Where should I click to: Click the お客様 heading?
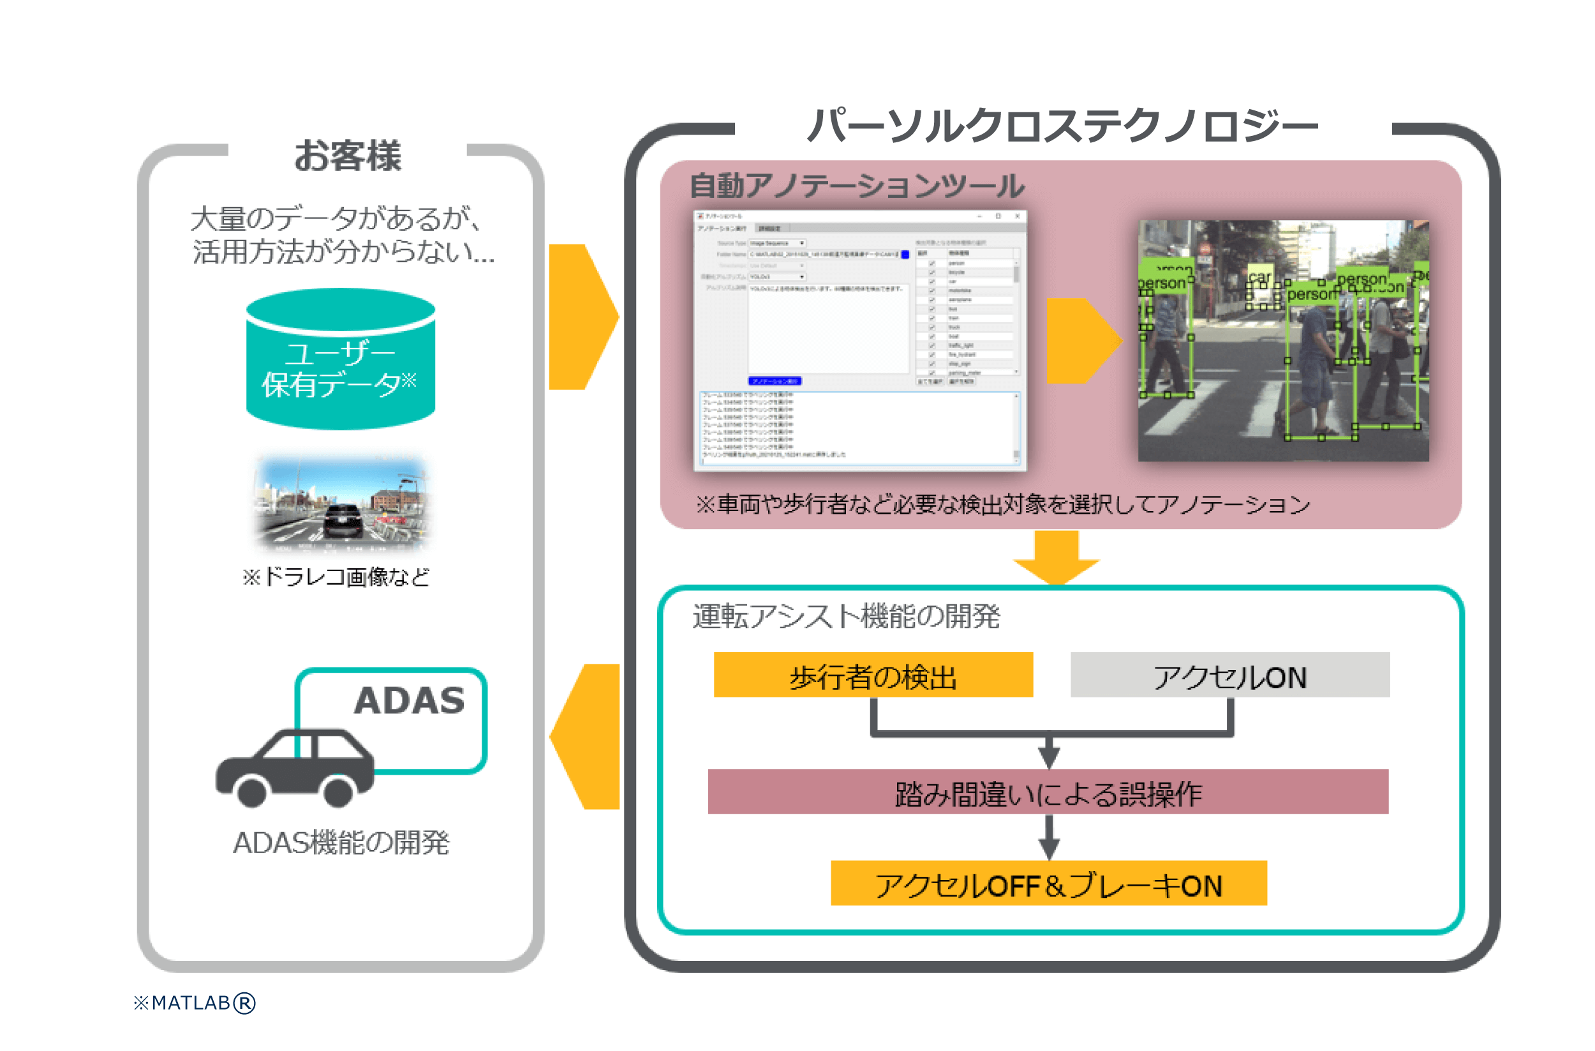[348, 156]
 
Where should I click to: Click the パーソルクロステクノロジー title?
[1062, 126]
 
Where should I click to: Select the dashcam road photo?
[341, 502]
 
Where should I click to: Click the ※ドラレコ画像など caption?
[336, 577]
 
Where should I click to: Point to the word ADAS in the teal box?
[409, 701]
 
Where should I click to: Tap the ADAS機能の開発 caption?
[341, 842]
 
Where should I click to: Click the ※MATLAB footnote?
[195, 1003]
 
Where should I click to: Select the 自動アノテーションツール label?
[856, 186]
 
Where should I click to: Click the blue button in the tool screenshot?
[774, 381]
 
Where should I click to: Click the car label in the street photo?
[1259, 276]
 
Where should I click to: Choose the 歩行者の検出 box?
[873, 675]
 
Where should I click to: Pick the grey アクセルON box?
[1230, 675]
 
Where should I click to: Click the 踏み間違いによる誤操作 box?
[1048, 792]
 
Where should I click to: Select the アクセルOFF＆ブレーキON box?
[1048, 883]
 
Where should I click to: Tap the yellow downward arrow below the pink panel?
[1056, 557]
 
